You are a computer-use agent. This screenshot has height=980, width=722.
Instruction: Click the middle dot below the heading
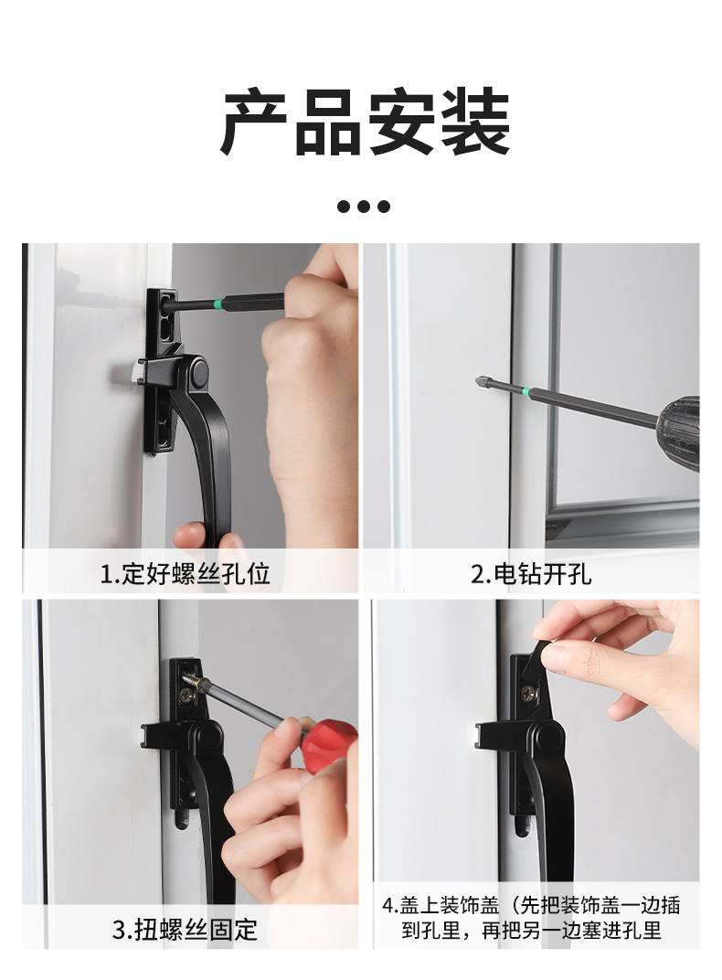coord(364,207)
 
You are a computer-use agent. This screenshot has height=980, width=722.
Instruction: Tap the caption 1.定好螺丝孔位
coord(185,574)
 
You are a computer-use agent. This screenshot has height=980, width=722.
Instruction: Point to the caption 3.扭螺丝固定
coord(185,930)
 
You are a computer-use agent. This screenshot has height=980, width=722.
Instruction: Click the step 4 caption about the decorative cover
coord(531,918)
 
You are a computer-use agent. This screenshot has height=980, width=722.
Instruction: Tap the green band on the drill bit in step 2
coord(526,392)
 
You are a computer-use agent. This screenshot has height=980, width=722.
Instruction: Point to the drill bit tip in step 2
coord(477,379)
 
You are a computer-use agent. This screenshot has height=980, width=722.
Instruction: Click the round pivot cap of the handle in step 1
coord(199,373)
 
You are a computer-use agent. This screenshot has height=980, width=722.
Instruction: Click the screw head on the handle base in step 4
coord(529,693)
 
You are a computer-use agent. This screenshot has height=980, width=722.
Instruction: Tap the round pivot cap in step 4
coord(547,736)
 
